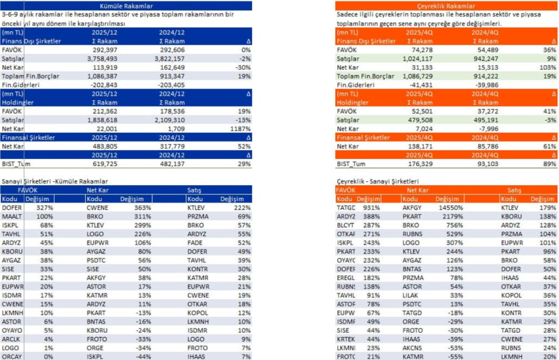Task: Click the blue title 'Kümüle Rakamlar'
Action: pos(126,5)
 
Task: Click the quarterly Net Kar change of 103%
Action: pos(548,67)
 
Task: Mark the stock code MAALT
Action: pos(11,216)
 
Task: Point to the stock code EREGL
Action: pos(346,278)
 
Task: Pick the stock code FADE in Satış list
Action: pos(194,243)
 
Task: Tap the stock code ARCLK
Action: pos(11,339)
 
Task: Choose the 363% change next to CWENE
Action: pos(144,208)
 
